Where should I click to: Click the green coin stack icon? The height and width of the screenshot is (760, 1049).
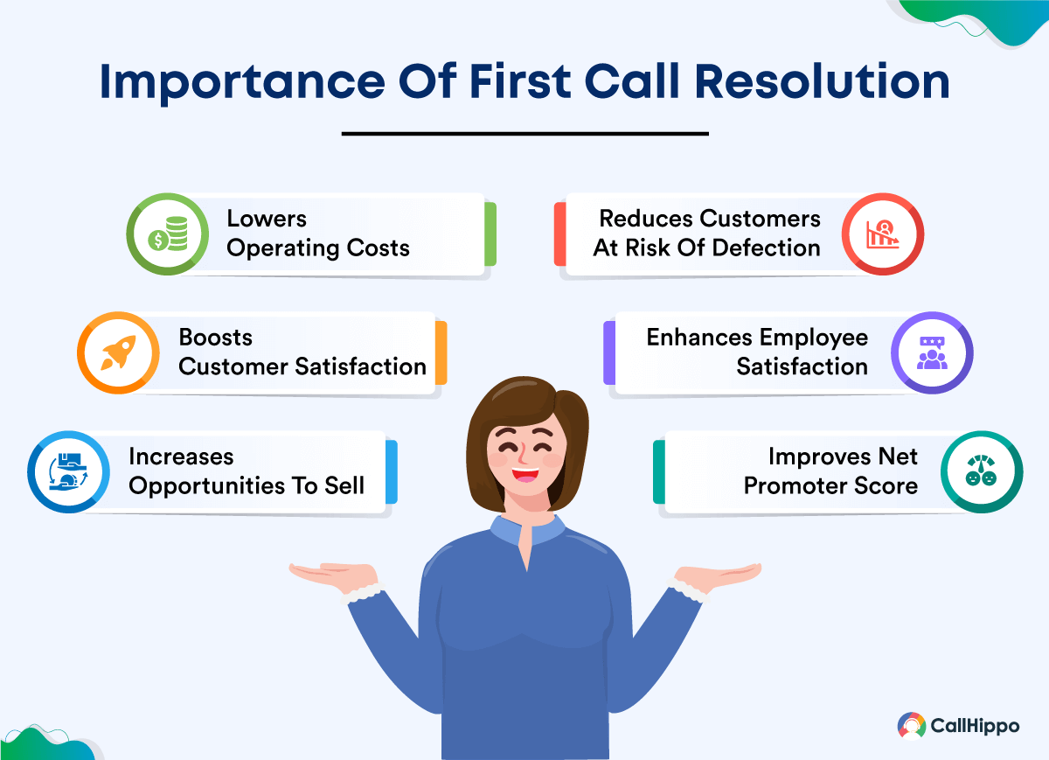point(168,234)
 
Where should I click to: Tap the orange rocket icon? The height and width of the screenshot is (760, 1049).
point(119,352)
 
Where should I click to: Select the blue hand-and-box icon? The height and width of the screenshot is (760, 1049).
point(68,471)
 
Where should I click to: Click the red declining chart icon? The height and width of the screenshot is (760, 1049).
point(882,234)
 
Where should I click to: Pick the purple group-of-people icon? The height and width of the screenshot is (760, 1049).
point(932,352)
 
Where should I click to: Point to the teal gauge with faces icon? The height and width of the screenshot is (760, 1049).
point(981,470)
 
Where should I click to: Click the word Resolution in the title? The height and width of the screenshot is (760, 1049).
point(823,81)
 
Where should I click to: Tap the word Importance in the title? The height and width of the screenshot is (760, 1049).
point(242,83)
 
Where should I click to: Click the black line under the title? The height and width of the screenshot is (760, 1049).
point(525,134)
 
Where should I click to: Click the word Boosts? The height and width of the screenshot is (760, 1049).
point(216,337)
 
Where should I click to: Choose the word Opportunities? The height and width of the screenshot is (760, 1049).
point(206,486)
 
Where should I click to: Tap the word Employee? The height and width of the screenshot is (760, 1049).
point(814,338)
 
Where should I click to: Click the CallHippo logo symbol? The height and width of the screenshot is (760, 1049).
point(911,726)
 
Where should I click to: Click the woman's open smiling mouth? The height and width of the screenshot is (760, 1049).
point(525,475)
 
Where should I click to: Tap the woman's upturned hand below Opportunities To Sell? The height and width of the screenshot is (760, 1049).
point(333,575)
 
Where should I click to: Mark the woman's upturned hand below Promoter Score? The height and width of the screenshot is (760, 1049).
point(718,575)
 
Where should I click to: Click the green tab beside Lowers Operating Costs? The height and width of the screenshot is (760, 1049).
point(490,234)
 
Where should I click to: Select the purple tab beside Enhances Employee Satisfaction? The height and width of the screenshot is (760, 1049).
point(609,352)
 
